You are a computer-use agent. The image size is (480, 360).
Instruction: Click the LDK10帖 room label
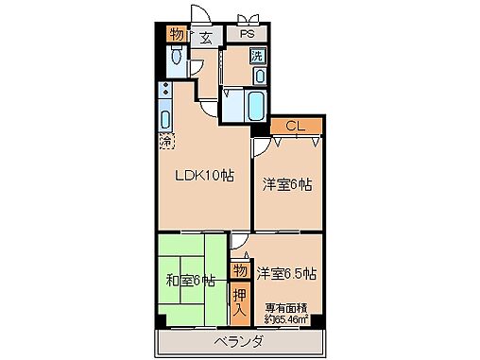pyautogui.click(x=203, y=176)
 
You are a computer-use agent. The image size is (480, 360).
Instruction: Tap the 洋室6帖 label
pyautogui.click(x=287, y=185)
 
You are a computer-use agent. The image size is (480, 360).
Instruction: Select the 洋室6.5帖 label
pyautogui.click(x=286, y=274)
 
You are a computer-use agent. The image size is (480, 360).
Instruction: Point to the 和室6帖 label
pyautogui.click(x=190, y=280)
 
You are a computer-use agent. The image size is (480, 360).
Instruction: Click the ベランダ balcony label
pyautogui.click(x=237, y=340)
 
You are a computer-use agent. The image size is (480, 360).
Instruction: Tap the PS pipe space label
pyautogui.click(x=247, y=35)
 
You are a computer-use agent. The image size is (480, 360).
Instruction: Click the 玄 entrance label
pyautogui.click(x=206, y=38)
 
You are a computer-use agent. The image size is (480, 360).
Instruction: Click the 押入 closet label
pyautogui.click(x=239, y=302)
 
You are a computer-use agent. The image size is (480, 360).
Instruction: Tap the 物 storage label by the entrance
pyautogui.click(x=176, y=35)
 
